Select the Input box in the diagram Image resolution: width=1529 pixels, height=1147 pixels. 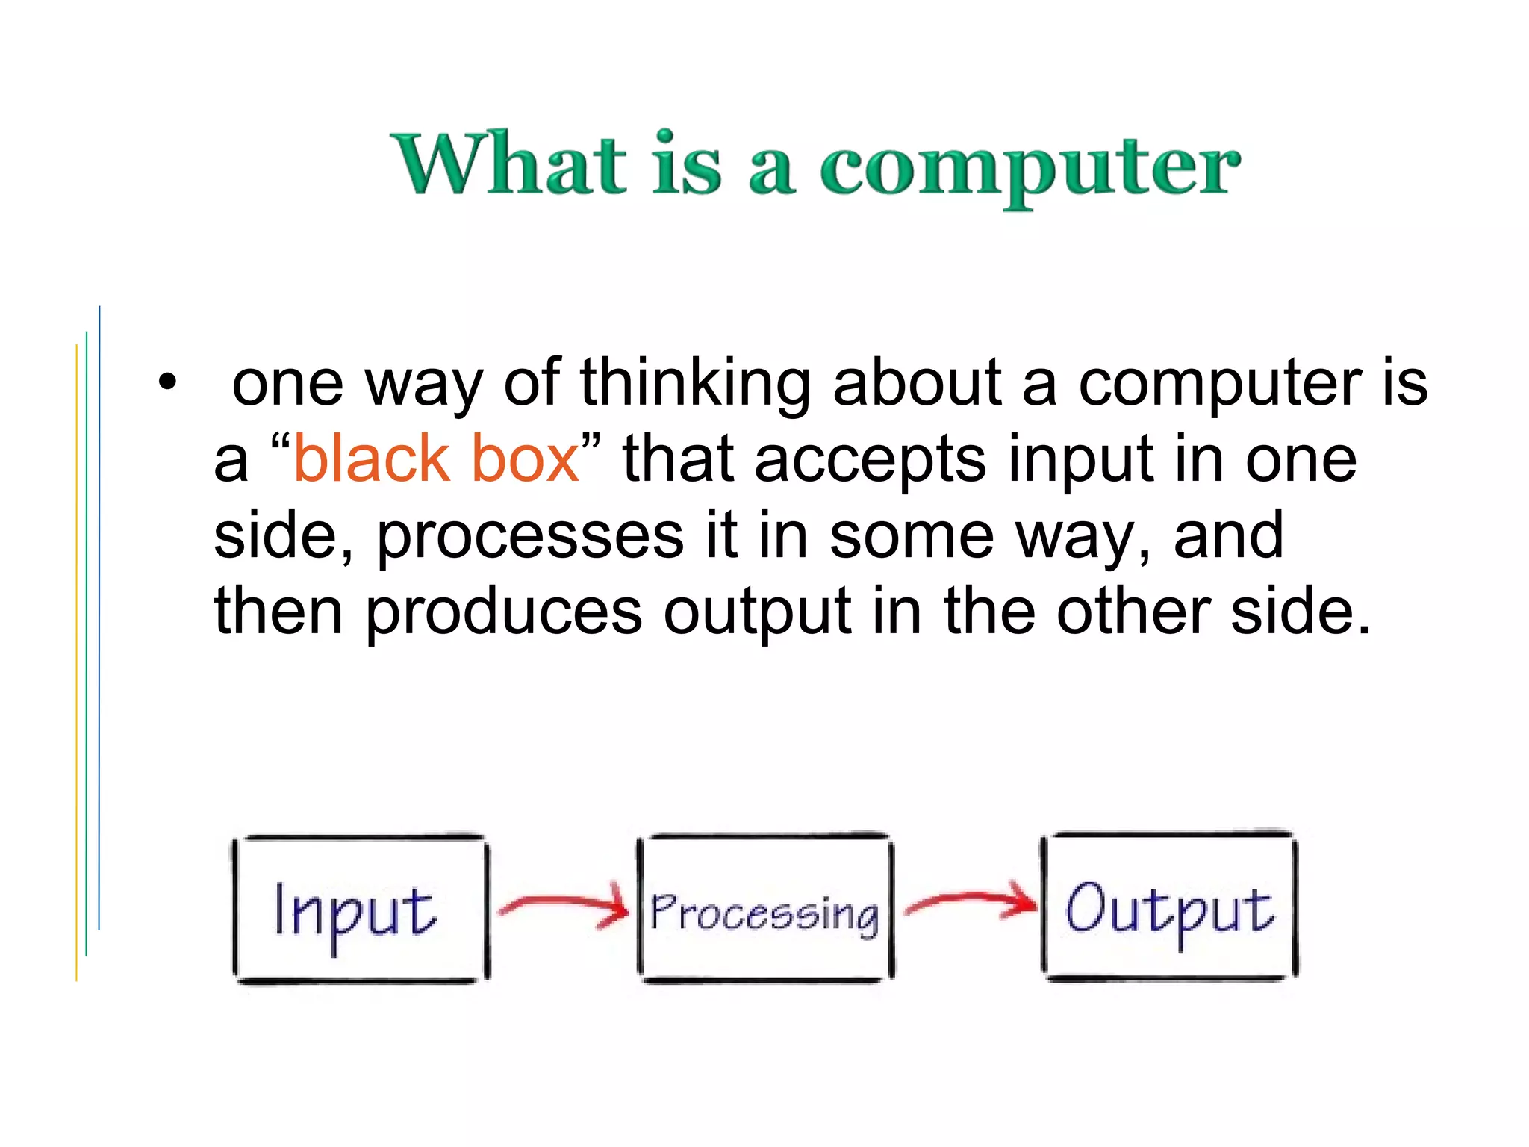pyautogui.click(x=361, y=908)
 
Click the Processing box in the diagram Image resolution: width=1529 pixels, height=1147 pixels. pyautogui.click(x=765, y=908)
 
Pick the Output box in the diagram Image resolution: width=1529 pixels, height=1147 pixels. pyautogui.click(x=1170, y=905)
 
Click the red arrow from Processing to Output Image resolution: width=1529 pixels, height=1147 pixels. pyautogui.click(x=971, y=903)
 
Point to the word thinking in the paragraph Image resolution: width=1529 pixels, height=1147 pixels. pyautogui.click(x=695, y=382)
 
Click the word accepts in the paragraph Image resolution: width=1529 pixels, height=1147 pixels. pyautogui.click(x=870, y=460)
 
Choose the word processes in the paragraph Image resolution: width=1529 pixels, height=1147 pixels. pyautogui.click(x=530, y=536)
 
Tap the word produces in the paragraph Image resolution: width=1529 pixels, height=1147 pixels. pyautogui.click(x=503, y=612)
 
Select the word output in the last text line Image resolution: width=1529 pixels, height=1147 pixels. pyautogui.click(x=757, y=612)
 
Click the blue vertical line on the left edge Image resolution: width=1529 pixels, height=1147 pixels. pyautogui.click(x=99, y=620)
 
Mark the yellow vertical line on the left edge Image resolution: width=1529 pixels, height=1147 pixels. pyautogui.click(x=76, y=665)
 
